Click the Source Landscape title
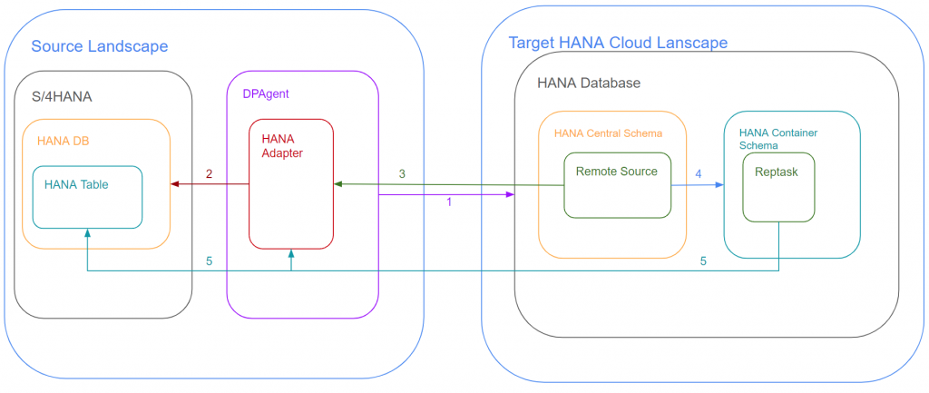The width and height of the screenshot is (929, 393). [100, 46]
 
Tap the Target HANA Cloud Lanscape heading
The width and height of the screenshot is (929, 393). [618, 43]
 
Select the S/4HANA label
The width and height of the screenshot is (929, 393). [62, 96]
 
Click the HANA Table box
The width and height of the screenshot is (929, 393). [88, 197]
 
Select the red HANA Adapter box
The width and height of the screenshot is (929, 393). [291, 183]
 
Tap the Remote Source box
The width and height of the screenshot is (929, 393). [617, 185]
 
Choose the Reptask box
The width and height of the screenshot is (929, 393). [778, 187]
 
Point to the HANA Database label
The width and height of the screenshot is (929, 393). [589, 83]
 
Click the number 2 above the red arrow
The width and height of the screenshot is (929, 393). [209, 173]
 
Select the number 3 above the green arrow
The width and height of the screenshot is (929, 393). [402, 173]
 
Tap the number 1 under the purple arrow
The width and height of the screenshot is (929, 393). [448, 202]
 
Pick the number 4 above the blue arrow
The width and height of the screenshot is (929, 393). [698, 174]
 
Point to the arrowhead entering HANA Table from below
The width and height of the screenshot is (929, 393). [88, 233]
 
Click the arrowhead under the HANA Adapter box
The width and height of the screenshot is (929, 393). [291, 253]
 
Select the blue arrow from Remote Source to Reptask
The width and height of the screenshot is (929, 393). [698, 185]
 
